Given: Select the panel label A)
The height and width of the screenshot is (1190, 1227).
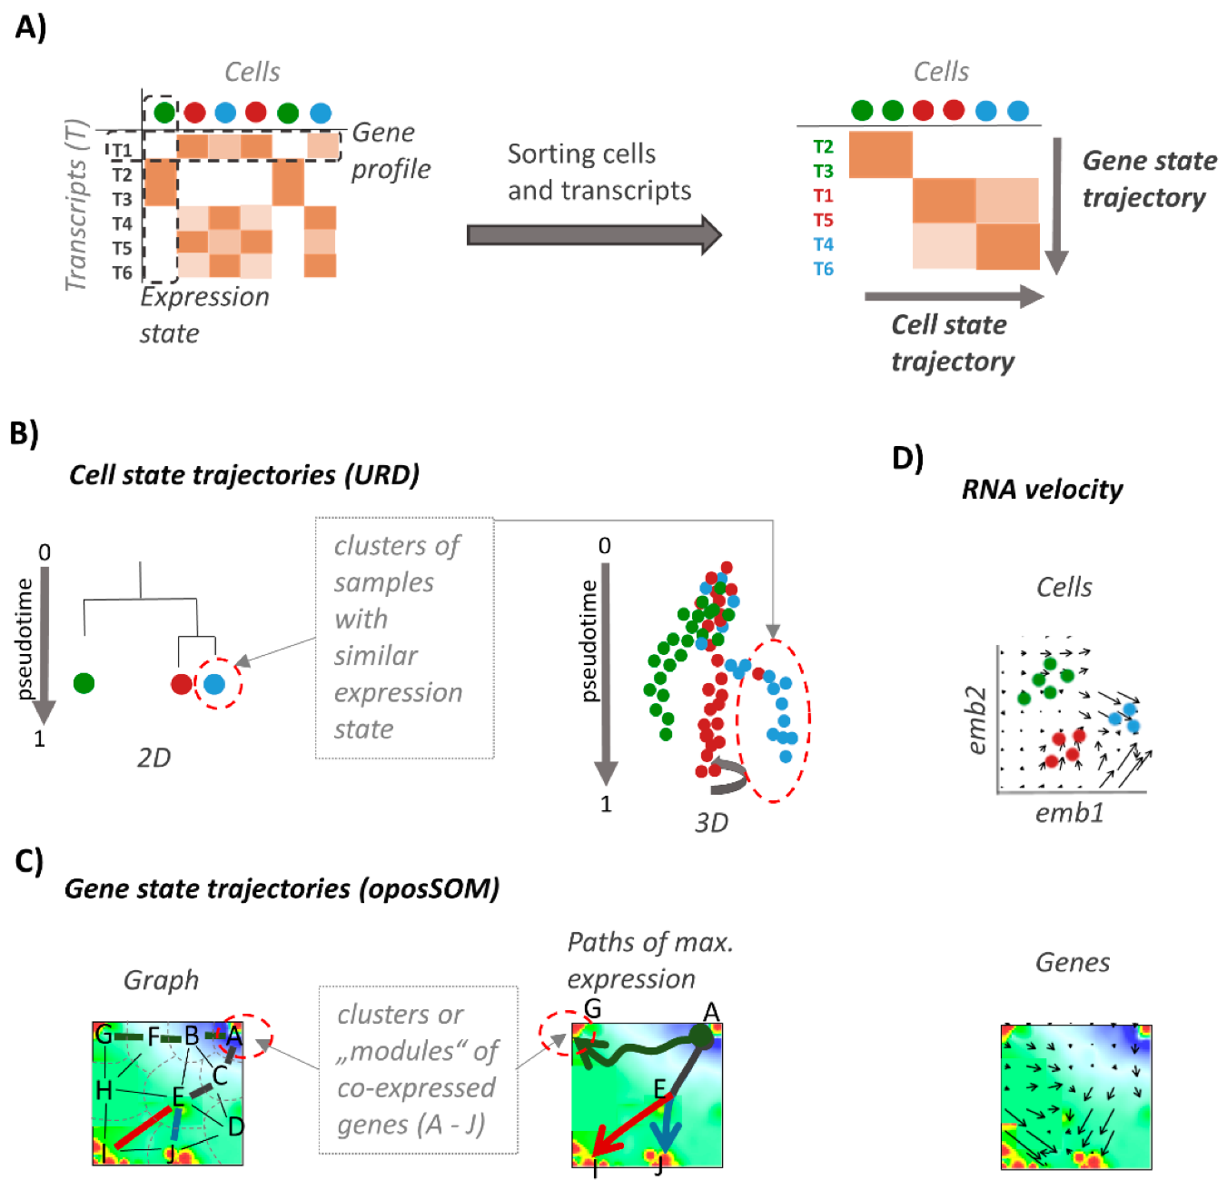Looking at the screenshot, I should (x=30, y=27).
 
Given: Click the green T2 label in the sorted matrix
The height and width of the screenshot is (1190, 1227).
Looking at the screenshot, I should (x=823, y=147).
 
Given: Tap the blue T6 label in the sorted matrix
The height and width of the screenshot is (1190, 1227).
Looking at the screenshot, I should (x=823, y=269).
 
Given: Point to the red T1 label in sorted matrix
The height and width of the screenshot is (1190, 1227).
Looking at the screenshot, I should (x=823, y=196).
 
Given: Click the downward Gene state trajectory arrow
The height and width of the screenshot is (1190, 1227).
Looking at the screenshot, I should (x=1055, y=204).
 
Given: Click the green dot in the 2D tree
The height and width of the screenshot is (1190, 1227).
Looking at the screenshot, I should (x=84, y=683).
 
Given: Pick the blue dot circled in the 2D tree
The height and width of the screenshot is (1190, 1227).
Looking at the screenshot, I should (x=214, y=684).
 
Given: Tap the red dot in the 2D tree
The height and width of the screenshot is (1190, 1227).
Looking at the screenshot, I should (x=182, y=684).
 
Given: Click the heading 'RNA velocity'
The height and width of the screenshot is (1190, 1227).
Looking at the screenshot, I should (x=1042, y=490).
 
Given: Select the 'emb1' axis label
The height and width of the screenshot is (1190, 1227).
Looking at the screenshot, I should (x=1069, y=813).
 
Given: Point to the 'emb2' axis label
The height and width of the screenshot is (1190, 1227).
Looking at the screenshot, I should (x=976, y=719).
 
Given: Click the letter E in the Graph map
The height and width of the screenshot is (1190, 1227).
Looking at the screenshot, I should (x=179, y=1096).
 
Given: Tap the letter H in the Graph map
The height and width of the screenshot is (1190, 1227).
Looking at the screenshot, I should (x=104, y=1090).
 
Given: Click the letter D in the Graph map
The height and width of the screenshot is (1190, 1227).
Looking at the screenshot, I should (x=235, y=1127).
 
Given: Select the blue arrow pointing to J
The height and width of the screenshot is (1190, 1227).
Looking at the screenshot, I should (x=668, y=1126).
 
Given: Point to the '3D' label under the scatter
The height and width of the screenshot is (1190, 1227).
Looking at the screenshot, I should (x=711, y=823).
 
